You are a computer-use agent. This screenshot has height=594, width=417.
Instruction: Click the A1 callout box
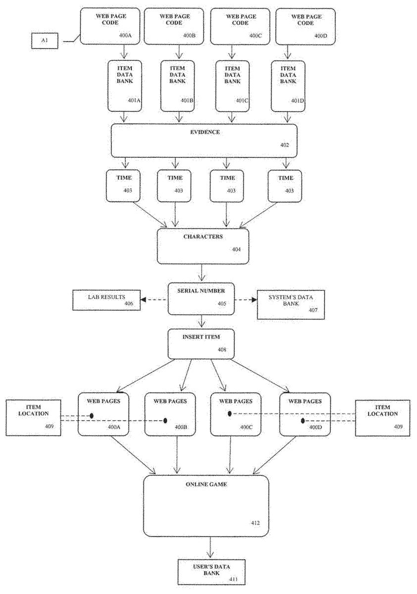(45, 41)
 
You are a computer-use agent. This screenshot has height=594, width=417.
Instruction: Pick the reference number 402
(284, 146)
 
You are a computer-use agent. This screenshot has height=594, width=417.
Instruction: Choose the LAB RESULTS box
(106, 300)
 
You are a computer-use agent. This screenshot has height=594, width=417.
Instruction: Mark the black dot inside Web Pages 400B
(165, 421)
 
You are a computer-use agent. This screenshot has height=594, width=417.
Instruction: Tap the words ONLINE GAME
(206, 485)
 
